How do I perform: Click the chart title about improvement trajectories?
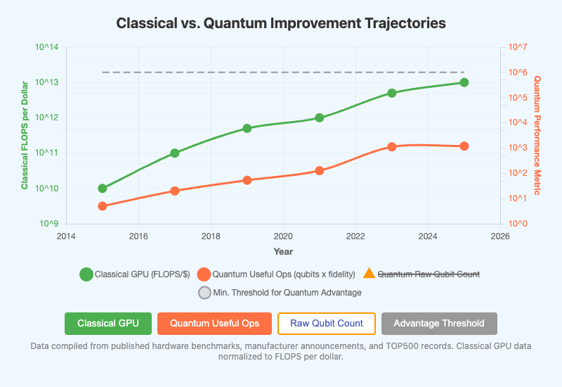281,23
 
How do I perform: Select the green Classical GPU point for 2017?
175,153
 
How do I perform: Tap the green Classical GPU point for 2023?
392,93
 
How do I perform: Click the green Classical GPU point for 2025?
464,82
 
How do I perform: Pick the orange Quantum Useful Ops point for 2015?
103,206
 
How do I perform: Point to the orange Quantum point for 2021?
320,170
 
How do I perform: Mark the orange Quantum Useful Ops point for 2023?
392,146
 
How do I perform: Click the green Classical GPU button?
107,324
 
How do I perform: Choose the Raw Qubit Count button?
327,324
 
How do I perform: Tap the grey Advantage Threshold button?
439,324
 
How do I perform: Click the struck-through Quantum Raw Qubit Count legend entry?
429,274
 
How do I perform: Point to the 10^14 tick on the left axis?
46,48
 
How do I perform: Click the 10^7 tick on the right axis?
518,47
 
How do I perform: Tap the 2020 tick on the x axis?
283,236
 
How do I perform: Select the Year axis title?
283,251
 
